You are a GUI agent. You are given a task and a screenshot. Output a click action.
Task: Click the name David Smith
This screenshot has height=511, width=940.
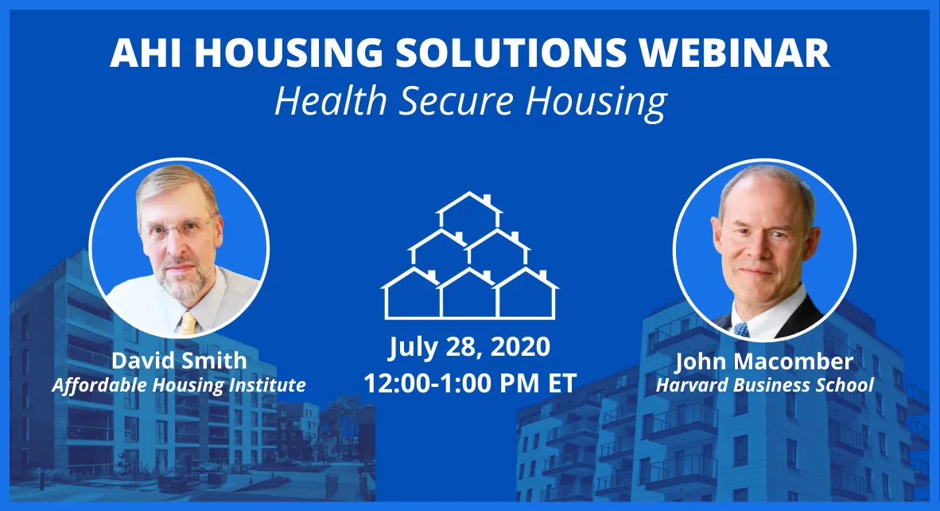click(x=179, y=361)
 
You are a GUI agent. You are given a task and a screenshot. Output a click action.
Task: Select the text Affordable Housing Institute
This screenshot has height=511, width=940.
click(x=179, y=385)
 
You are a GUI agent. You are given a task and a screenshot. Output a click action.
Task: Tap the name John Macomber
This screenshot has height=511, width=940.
click(x=764, y=361)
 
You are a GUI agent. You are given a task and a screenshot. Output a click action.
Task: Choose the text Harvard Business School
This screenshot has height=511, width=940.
click(x=764, y=385)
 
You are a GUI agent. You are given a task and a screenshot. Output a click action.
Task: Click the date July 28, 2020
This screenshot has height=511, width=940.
click(x=469, y=348)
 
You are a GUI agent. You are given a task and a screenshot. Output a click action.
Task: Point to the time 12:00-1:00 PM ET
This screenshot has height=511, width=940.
click(x=469, y=383)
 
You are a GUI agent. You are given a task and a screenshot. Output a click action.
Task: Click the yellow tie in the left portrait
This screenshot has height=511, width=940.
click(x=187, y=322)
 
